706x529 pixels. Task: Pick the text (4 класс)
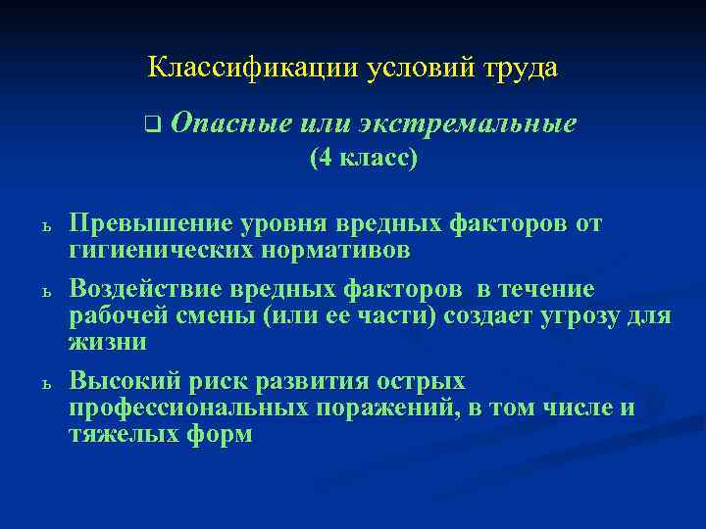click(364, 157)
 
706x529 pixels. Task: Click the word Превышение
click(149, 224)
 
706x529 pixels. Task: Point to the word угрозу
click(576, 315)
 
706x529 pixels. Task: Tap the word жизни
click(108, 342)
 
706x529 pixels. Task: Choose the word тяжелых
click(121, 433)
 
